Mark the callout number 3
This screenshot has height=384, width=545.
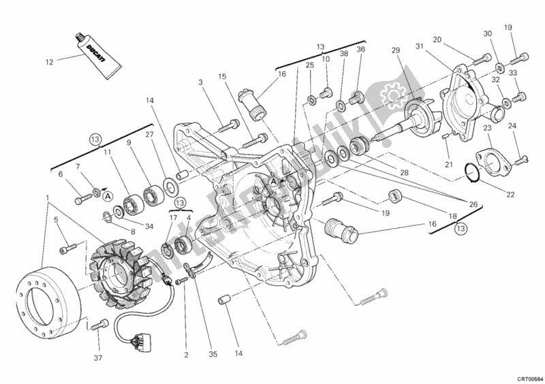(201, 82)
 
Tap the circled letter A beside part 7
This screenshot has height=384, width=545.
(107, 195)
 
